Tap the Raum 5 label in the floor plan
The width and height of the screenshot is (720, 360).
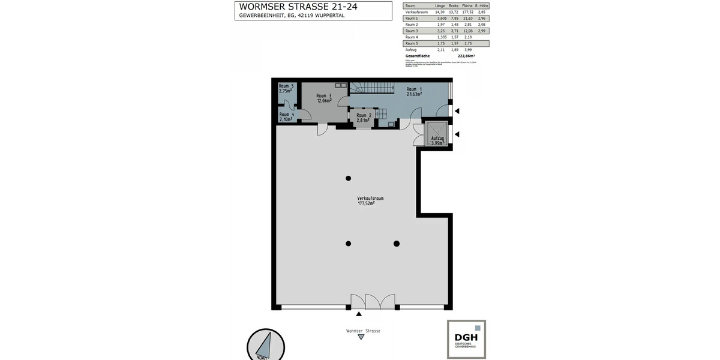[x=286, y=88]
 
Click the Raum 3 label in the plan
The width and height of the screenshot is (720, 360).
[x=323, y=98]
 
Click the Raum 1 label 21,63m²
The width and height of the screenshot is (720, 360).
[x=413, y=92]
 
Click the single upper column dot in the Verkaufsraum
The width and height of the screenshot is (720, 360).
[x=348, y=178]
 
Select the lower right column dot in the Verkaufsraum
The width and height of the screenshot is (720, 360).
[x=397, y=243]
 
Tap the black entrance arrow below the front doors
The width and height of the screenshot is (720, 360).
[x=359, y=314]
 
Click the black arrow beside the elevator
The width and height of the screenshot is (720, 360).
[x=457, y=134]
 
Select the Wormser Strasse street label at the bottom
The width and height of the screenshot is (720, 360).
[x=363, y=331]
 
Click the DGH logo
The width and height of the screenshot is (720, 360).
[x=466, y=339]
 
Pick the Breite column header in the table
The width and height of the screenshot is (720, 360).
[x=453, y=5]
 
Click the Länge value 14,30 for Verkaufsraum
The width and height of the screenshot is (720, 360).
[x=441, y=12]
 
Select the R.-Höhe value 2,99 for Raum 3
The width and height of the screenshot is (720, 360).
[x=481, y=31]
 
